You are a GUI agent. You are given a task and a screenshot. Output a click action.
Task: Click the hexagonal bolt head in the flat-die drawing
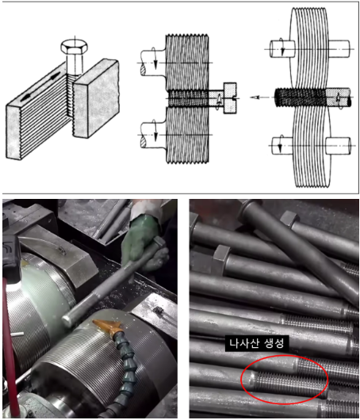click(x=75, y=47)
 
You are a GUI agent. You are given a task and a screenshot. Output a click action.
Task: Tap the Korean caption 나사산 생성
click(x=257, y=343)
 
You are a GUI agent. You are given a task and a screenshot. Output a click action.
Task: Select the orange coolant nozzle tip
click(x=108, y=324)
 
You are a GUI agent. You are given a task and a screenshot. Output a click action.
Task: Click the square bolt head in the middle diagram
click(x=230, y=98)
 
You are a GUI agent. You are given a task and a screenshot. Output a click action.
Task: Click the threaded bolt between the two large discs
click(x=312, y=97)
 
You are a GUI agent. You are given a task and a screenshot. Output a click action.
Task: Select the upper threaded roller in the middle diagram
click(x=187, y=62)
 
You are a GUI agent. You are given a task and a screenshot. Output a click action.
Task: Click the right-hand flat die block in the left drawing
click(x=97, y=97)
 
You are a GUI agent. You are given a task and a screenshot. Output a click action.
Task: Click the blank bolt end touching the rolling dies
click(x=67, y=321)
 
